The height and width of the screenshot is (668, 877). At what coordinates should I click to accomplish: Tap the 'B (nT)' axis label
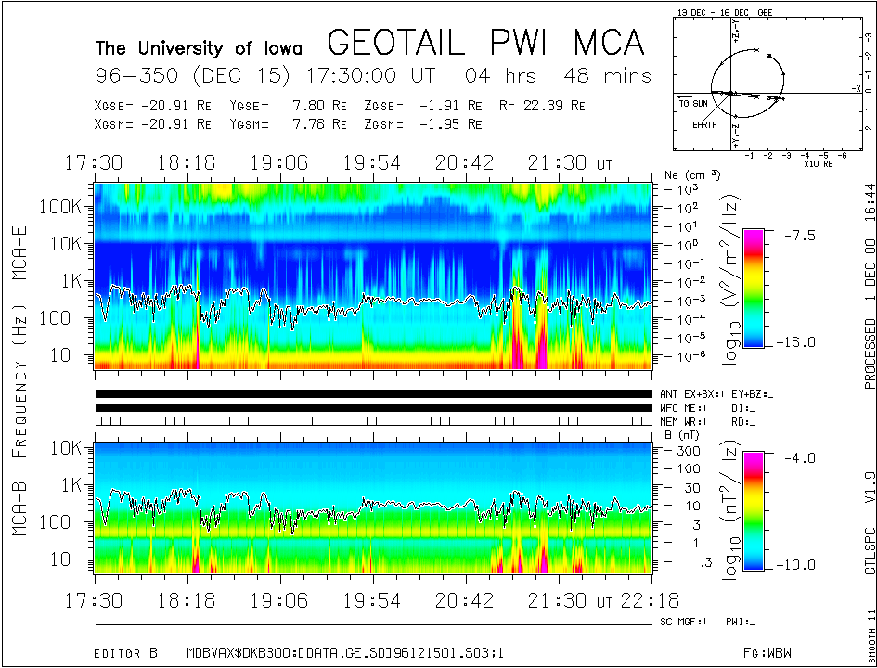point(682,434)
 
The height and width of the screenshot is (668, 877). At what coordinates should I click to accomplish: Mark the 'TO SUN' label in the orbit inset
point(692,103)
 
